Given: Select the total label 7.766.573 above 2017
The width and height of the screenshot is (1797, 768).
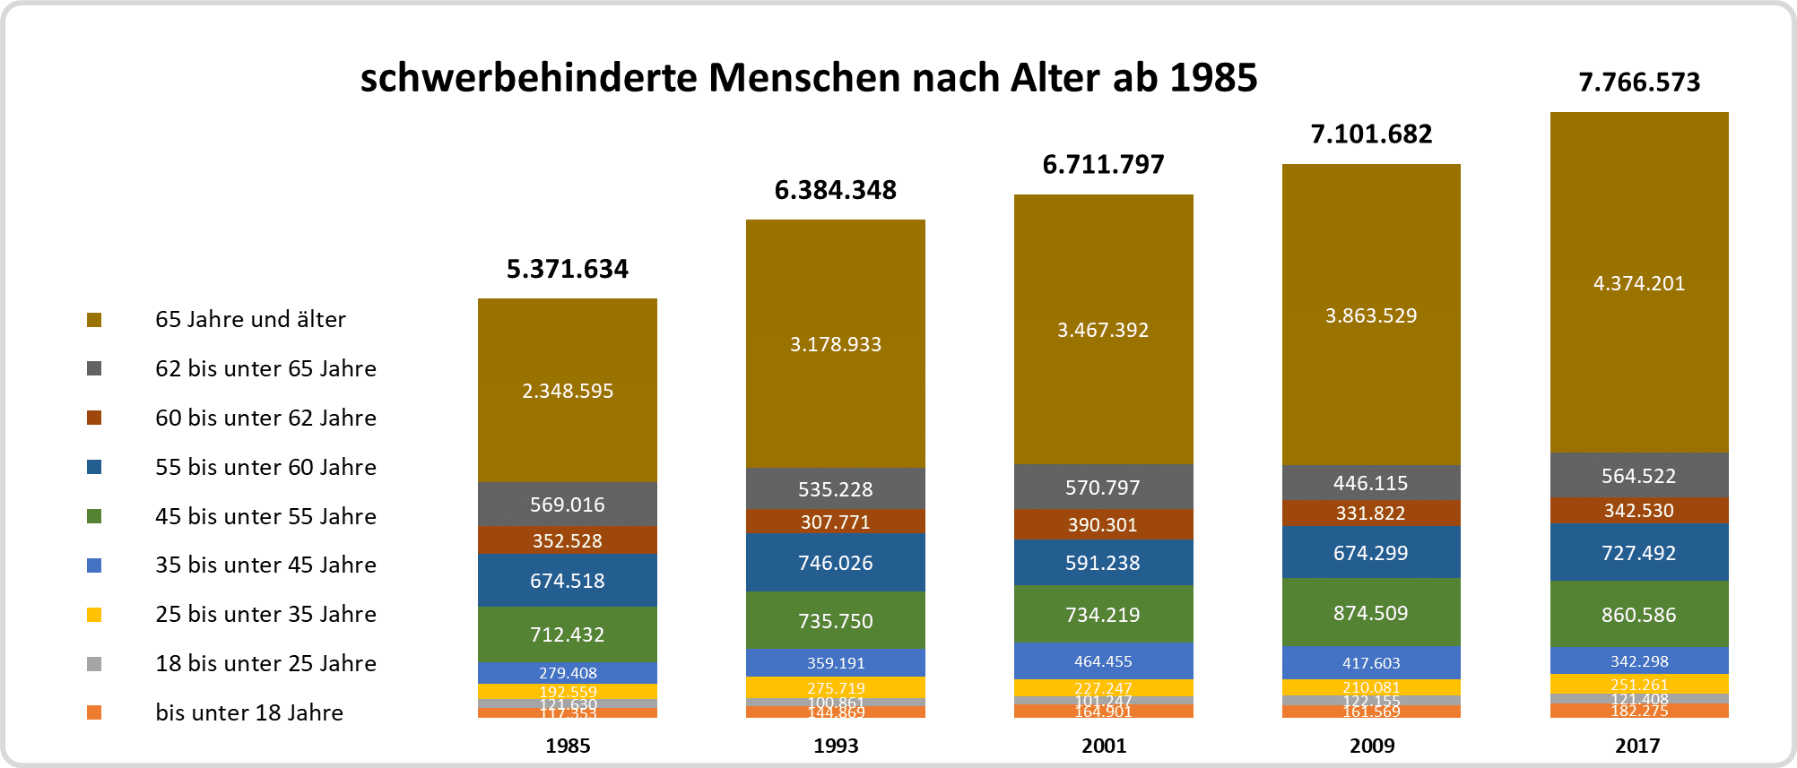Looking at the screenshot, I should click(1639, 82).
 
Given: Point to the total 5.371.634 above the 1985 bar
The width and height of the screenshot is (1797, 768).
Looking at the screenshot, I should click(568, 269).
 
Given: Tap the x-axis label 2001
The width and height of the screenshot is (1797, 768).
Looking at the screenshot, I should click(1104, 746).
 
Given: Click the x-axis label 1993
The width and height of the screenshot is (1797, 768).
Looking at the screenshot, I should click(836, 746).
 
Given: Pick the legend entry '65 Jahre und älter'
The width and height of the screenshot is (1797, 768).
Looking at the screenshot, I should click(250, 320).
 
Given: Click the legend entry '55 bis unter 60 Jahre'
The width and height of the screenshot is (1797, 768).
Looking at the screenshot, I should click(265, 467).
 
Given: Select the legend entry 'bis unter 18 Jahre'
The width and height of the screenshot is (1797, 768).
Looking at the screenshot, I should click(249, 712).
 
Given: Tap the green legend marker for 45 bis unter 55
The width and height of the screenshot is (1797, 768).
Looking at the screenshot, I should click(94, 516).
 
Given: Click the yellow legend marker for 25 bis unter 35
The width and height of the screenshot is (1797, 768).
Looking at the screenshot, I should click(94, 615).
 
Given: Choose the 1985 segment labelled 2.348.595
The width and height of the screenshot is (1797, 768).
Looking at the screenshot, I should click(568, 391).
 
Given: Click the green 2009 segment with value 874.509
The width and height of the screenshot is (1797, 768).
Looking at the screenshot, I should click(1371, 613).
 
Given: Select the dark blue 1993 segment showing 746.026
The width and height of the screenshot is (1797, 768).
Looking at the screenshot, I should click(836, 563).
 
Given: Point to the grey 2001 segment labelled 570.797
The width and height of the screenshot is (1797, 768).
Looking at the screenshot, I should click(1103, 488).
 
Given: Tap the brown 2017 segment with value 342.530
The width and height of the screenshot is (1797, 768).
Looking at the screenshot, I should click(1639, 511).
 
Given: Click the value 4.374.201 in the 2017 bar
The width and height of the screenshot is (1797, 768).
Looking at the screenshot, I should click(1639, 284).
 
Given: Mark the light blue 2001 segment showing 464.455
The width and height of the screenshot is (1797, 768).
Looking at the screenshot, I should click(1103, 661).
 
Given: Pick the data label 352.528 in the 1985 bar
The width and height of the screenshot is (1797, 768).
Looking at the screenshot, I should click(568, 540).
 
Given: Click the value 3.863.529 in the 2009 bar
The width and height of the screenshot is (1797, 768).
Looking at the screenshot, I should click(1371, 315).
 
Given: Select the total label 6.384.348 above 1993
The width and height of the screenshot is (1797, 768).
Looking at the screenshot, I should click(836, 190).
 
